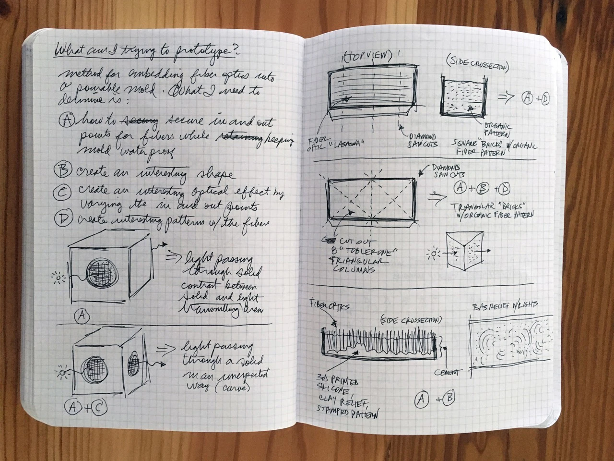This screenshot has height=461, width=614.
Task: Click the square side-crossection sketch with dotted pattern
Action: [461, 97]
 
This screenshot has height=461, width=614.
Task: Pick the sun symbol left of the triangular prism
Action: [435, 253]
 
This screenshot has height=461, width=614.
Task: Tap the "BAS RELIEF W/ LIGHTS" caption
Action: [505, 305]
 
